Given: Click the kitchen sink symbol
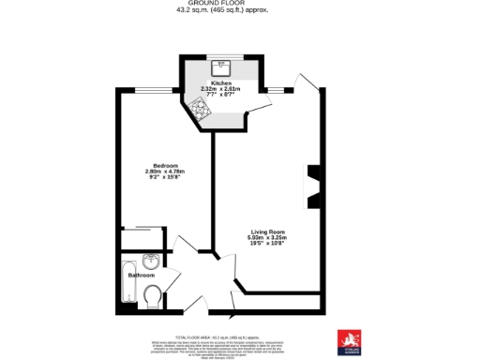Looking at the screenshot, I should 222,66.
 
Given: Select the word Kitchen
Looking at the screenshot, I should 221,82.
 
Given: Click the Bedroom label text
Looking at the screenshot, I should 153,165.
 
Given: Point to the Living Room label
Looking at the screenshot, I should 266,231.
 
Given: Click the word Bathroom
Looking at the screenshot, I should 141,276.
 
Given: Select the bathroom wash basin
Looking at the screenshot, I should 151,262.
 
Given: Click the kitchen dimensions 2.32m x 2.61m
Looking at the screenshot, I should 223,89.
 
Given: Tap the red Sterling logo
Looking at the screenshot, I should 348,340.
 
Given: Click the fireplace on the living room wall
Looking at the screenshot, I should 315,185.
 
